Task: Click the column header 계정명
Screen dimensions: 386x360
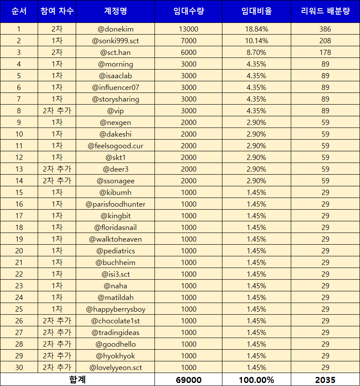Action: pos(116,11)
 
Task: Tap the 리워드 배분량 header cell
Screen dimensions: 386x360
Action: pos(325,11)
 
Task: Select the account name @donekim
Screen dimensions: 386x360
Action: pos(116,29)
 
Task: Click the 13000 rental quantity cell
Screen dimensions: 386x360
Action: pos(188,29)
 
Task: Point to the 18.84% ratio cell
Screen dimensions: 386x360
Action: pos(257,29)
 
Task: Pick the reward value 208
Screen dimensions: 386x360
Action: pos(325,41)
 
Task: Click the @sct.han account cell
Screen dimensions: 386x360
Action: pos(116,52)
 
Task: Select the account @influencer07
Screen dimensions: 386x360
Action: pos(116,87)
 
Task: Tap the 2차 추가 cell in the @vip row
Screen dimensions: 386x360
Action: pos(57,111)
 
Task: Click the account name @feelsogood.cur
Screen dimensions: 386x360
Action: pos(116,146)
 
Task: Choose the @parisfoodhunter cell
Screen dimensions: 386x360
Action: pos(116,204)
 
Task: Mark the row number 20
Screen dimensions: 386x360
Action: pos(19,251)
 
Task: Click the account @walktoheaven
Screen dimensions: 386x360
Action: pos(116,239)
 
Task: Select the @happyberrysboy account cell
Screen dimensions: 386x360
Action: pos(116,309)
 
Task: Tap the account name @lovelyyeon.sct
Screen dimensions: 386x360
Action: pos(116,367)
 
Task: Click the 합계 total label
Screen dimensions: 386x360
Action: pos(78,380)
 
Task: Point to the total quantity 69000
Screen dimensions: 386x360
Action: pos(188,380)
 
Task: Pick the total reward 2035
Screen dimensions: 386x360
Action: pos(325,380)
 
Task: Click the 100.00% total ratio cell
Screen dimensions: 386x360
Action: pos(257,380)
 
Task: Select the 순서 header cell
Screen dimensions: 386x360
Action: pos(19,11)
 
